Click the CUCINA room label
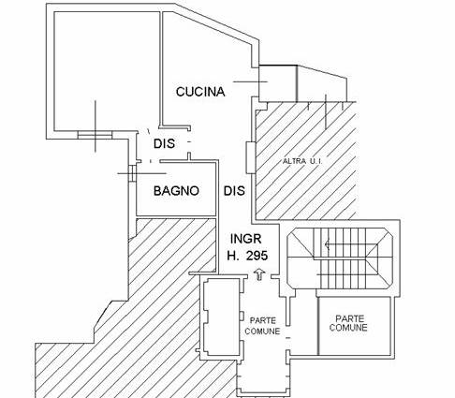coord(200,92)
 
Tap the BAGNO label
coord(176,191)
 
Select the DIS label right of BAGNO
coord(234,191)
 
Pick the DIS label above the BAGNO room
coord(164,143)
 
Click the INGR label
coord(246,239)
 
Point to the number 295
coord(257,256)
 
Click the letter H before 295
coord(233,256)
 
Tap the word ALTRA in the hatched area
coord(293,161)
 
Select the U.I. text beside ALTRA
coord(315,161)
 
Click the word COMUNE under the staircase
coord(348,328)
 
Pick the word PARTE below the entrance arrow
coord(263,320)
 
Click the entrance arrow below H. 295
coord(259,274)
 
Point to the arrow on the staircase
coord(328,243)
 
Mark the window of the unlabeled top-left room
coord(95,135)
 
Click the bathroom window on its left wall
coord(132,173)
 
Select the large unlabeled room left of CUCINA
coord(107,71)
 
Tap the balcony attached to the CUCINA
coord(302,83)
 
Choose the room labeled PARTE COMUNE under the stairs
coord(354,326)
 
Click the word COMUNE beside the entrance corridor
coord(262,331)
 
